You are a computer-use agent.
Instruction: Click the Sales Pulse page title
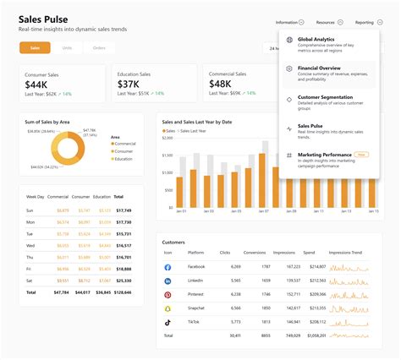[43, 19]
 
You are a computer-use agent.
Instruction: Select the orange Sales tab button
[35, 48]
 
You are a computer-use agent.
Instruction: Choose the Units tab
[67, 48]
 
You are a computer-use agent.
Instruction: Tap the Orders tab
[99, 48]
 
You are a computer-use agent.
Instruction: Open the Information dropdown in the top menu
[289, 22]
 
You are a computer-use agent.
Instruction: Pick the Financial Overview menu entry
[321, 68]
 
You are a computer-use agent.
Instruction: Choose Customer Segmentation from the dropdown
[326, 97]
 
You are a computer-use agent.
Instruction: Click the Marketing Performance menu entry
[325, 155]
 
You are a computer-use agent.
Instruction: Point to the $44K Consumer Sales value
[36, 85]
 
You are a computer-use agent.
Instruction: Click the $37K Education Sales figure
[129, 85]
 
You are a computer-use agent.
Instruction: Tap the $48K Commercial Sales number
[220, 85]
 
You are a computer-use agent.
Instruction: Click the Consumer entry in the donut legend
[124, 150]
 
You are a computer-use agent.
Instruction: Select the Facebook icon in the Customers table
[168, 266]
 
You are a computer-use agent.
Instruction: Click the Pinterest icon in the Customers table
[168, 294]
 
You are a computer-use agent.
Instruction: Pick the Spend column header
[309, 253]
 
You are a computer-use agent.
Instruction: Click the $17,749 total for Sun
[124, 210]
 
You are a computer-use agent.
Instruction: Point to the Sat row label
[30, 278]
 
